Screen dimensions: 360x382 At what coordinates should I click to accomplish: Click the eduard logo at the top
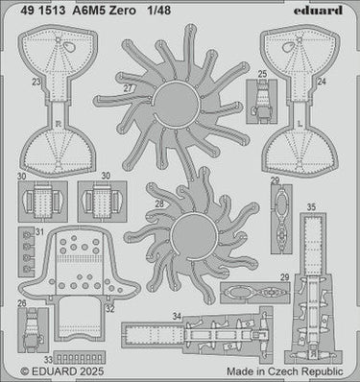point(318,11)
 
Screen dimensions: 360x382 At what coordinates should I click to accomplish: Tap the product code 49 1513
point(43,11)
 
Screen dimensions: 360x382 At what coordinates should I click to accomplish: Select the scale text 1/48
point(159,11)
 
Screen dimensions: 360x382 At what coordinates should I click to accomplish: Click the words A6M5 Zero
point(104,11)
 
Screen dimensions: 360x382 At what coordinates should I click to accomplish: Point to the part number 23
point(36,82)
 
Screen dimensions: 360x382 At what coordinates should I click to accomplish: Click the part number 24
point(322,82)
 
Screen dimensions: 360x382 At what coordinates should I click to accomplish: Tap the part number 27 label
point(128,88)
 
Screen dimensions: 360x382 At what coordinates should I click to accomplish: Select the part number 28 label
point(159,203)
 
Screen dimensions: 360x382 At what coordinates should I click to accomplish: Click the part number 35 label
point(311,207)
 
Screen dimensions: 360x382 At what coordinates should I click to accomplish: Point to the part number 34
point(177,317)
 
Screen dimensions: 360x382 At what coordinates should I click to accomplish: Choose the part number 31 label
point(39,232)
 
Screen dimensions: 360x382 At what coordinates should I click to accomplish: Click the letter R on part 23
point(58,123)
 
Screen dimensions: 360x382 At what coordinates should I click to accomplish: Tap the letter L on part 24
point(300,123)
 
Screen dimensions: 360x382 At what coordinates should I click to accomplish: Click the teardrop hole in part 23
point(69,47)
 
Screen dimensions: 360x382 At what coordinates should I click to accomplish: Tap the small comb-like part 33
point(80,358)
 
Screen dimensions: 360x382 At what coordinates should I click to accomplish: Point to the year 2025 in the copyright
point(92,371)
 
